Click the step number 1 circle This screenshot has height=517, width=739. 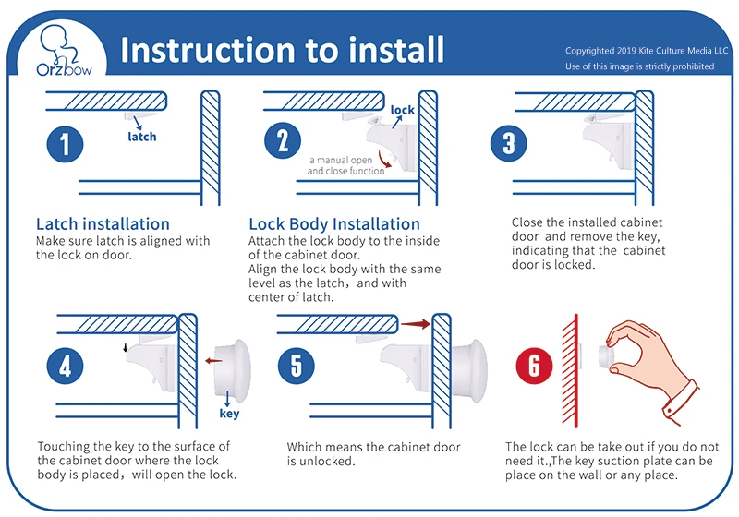65,144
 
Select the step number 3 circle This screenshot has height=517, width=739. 508,144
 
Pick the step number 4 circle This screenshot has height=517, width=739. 65,366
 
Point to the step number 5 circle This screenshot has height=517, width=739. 297,365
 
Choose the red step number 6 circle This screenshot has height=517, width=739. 533,366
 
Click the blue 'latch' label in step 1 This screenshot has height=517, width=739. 142,137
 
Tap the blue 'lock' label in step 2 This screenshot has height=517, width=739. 403,111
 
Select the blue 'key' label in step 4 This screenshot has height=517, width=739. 229,414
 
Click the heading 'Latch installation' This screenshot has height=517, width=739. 103,224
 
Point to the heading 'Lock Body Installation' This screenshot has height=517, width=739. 334,224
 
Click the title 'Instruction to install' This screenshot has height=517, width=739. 282,49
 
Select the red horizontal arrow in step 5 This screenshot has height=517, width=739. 417,324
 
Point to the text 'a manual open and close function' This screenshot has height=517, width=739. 345,165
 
